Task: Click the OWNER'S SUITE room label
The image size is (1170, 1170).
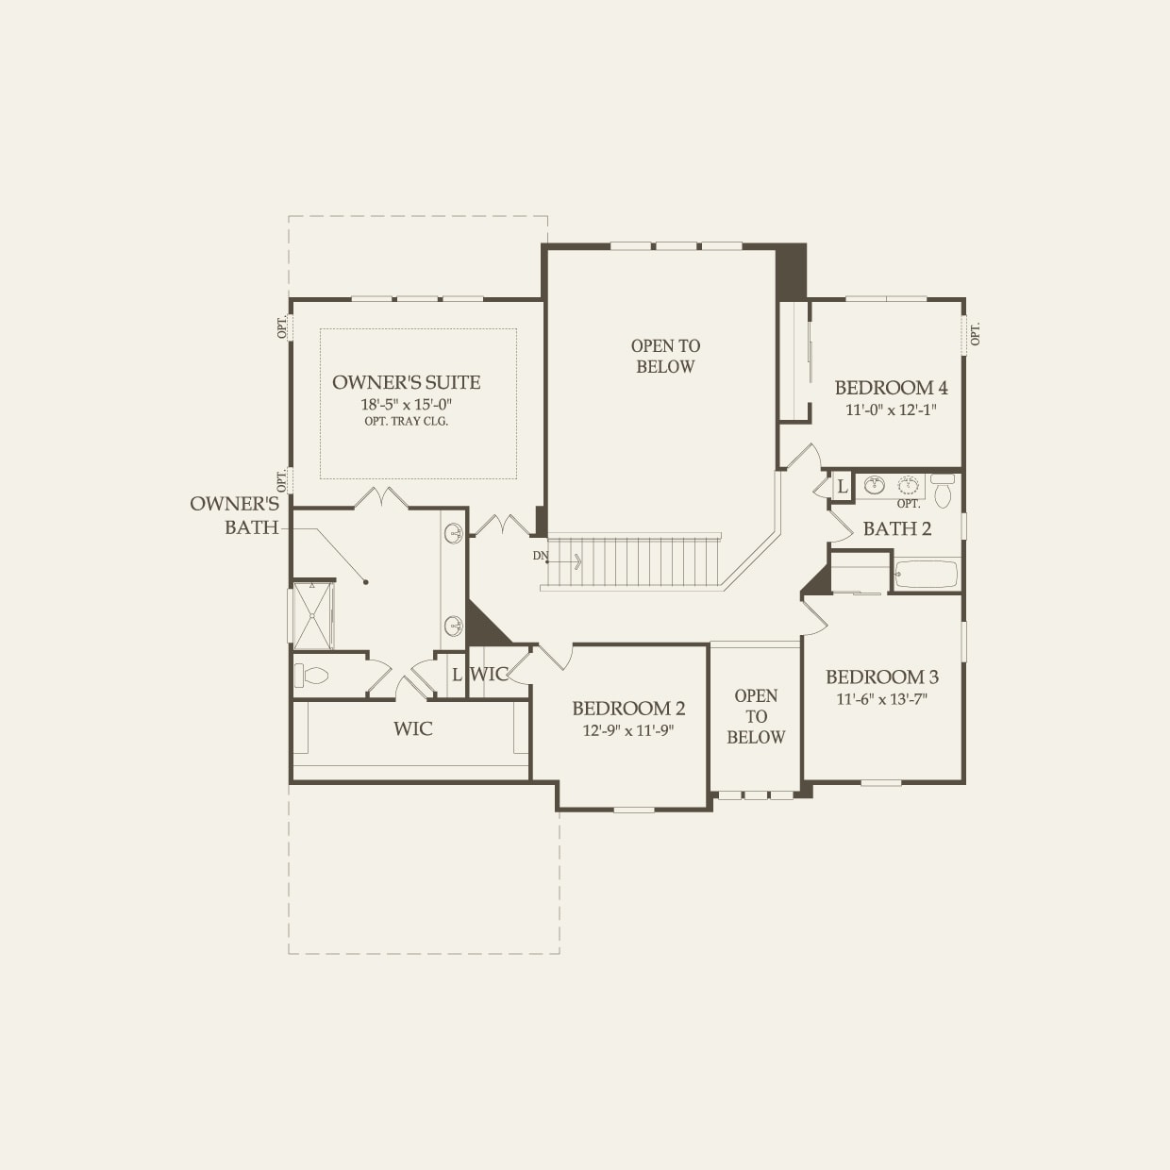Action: [x=406, y=382]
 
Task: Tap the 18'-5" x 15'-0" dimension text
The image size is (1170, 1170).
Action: [x=406, y=404]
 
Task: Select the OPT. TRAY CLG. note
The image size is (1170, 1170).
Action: [x=406, y=422]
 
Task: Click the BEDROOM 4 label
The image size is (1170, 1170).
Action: [x=891, y=388]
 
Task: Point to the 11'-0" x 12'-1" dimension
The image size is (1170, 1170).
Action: [x=891, y=410]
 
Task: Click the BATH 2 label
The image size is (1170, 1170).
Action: [x=896, y=528]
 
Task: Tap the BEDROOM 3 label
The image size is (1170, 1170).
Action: [x=881, y=677]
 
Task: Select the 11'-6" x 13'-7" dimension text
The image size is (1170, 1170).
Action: [x=881, y=699]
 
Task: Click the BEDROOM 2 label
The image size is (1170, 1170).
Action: [x=628, y=709]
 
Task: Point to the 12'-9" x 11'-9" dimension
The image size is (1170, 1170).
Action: [x=628, y=731]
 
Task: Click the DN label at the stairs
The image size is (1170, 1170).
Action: [x=541, y=556]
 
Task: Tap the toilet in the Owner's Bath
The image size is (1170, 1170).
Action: [x=312, y=676]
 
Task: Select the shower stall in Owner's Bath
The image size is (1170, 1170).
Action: [x=312, y=616]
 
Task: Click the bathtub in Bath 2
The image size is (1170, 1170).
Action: [x=926, y=574]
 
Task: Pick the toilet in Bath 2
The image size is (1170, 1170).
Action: [x=943, y=493]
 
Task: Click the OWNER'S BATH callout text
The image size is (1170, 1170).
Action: [x=235, y=515]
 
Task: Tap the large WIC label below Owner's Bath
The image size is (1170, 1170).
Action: [x=412, y=728]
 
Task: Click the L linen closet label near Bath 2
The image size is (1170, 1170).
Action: [x=842, y=487]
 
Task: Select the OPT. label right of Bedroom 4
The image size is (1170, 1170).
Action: [x=976, y=333]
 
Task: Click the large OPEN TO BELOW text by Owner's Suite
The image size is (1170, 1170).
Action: [x=665, y=357]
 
